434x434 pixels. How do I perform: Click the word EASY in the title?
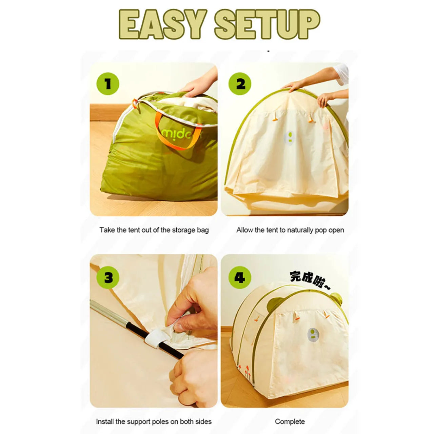162,24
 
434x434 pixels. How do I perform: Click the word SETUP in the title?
267,24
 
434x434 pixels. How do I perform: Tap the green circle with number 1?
108,84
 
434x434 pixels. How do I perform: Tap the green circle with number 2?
240,84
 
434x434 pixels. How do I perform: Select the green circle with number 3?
108,278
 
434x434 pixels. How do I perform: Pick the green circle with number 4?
240,278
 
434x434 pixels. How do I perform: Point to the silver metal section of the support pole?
108,311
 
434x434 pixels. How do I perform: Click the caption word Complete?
290,421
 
